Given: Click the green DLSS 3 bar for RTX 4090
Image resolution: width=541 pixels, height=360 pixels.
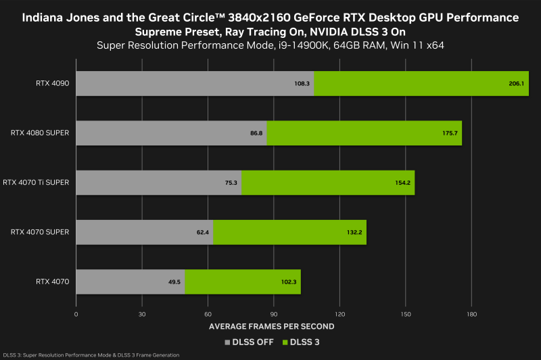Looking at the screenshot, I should click(421, 83).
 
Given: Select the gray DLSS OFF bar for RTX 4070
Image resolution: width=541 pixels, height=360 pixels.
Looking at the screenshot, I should click(130, 282).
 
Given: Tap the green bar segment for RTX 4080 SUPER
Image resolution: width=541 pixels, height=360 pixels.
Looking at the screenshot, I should click(364, 133).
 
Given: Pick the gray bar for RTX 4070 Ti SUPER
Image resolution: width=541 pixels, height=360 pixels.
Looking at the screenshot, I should click(158, 183).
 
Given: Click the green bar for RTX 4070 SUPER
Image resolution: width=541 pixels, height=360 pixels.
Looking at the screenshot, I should click(289, 232).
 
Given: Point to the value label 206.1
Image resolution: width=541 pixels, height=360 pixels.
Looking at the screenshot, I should click(516, 83).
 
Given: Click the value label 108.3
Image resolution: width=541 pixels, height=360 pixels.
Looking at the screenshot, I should click(302, 83).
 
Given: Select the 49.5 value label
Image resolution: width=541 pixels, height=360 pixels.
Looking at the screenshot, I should click(174, 282).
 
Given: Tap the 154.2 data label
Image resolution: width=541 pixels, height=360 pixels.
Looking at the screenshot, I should click(403, 183).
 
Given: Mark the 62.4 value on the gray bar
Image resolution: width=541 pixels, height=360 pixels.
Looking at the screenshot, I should click(202, 232).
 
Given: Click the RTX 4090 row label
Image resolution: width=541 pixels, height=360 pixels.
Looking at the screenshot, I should click(52, 83).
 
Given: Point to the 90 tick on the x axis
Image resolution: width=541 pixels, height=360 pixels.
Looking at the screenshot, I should click(274, 315).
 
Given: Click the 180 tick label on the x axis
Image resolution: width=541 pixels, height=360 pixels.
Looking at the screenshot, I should click(472, 315).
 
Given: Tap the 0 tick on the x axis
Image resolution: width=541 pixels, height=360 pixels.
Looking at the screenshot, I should click(76, 315).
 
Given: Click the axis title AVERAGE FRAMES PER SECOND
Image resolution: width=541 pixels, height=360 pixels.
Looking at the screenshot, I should click(271, 327).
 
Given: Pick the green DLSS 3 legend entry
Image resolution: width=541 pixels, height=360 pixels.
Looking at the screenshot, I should click(302, 342).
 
